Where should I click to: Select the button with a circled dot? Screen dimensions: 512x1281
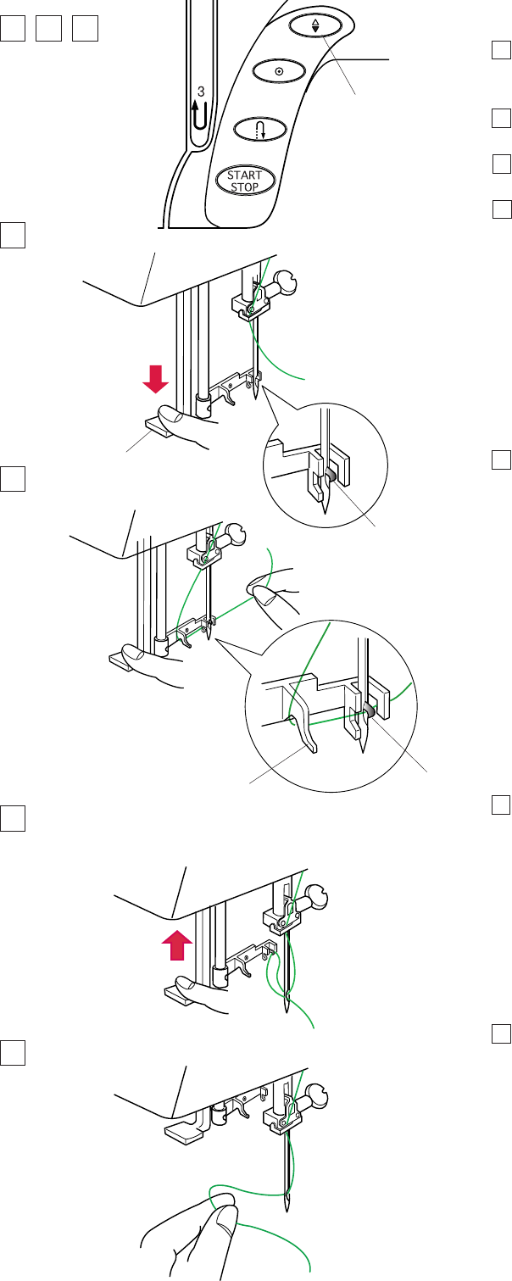(x=279, y=71)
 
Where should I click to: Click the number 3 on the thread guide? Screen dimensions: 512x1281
(x=200, y=91)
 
